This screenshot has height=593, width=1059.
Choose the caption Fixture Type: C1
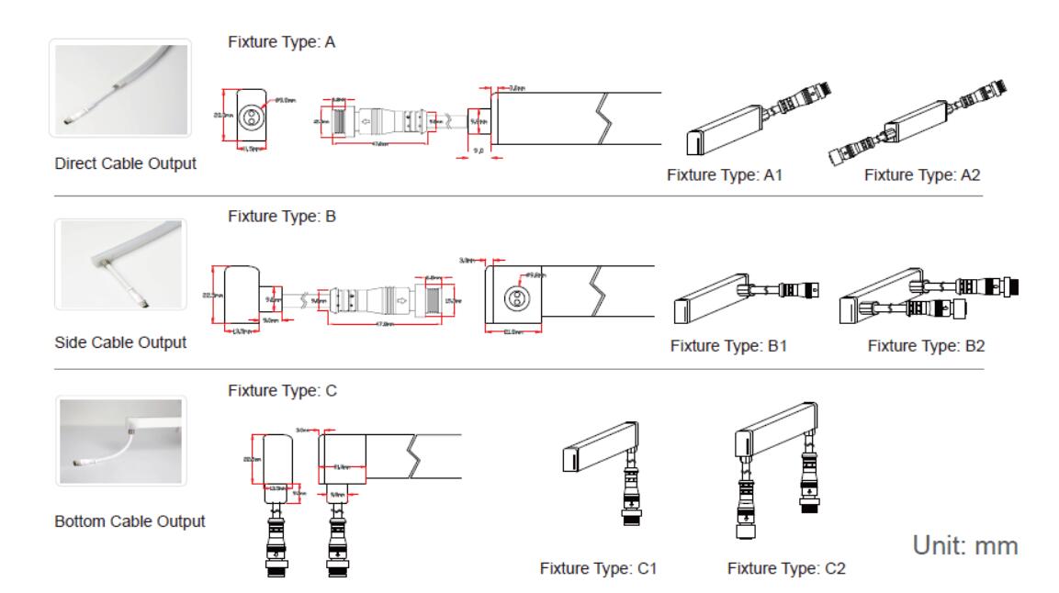point(599,569)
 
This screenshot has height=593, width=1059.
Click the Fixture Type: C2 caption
point(786,569)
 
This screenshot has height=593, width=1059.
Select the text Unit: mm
point(964,545)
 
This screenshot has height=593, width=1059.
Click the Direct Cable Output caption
point(126,165)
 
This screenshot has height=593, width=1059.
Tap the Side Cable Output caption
point(120,342)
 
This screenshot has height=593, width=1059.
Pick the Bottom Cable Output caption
point(130,521)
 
